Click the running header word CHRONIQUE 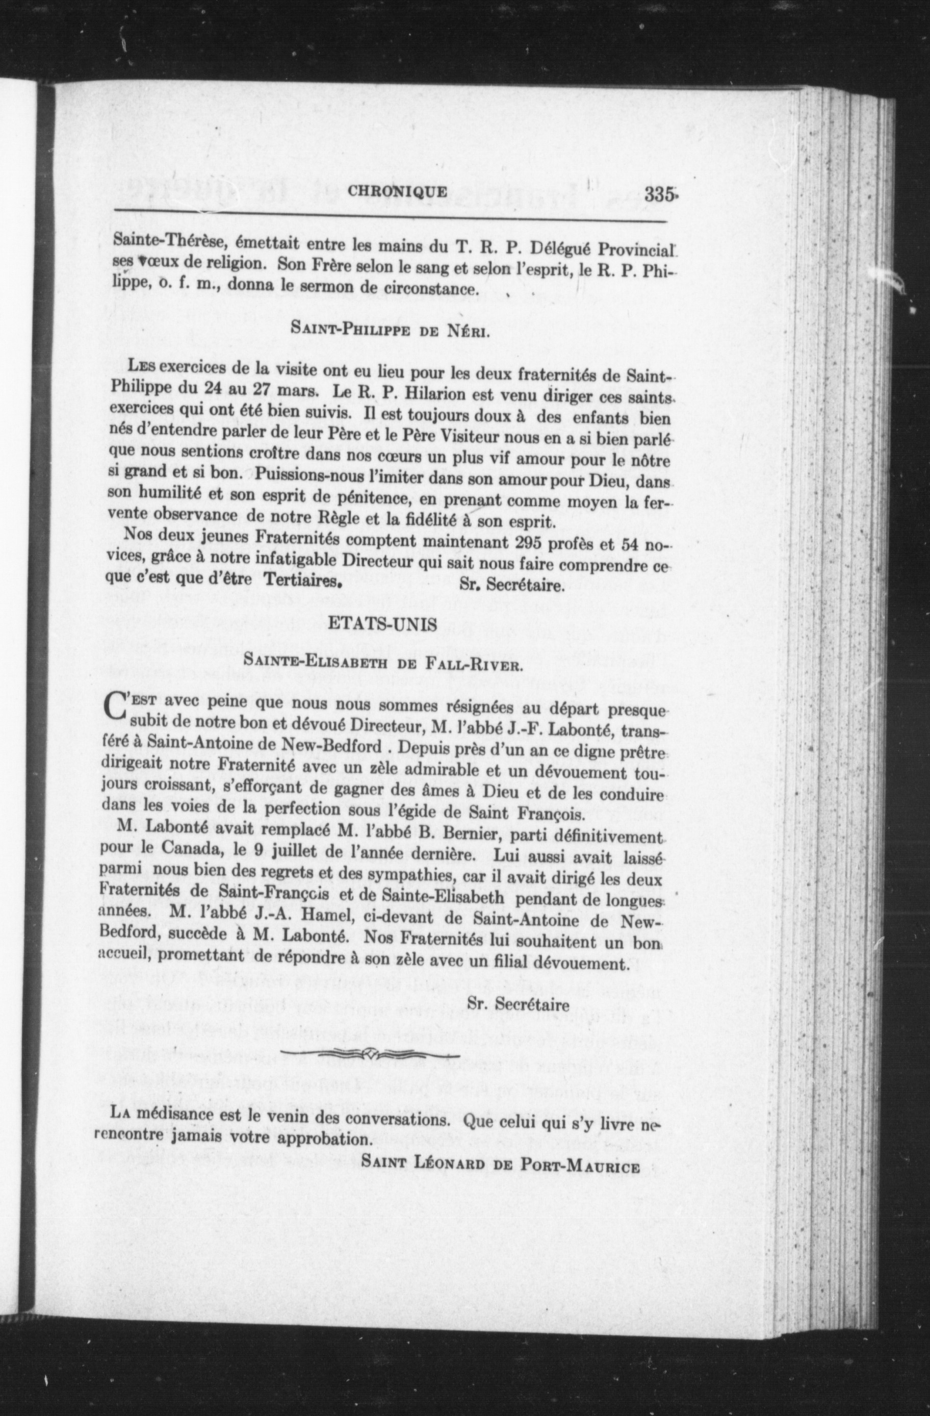click(x=397, y=192)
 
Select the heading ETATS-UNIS click(x=383, y=623)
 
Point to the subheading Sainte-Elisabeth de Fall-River click(x=383, y=664)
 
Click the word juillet click(x=290, y=851)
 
